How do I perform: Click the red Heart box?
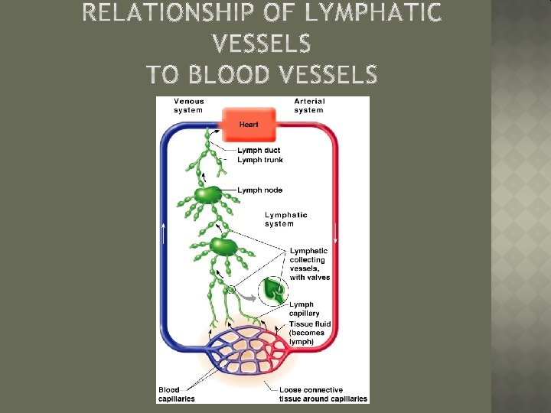point(249,123)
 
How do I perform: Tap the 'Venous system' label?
point(189,106)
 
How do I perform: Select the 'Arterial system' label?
point(309,106)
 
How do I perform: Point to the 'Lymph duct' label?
point(259,150)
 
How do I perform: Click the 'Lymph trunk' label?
point(260,160)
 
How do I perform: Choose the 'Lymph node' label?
point(260,190)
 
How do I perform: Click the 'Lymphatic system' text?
point(286,220)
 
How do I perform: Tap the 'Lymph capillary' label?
point(305,309)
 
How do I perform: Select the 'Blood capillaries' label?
point(177,394)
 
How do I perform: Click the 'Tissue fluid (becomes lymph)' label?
point(307,333)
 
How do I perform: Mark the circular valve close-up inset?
point(272,291)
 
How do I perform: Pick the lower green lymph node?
point(223,246)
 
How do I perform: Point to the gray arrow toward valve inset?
point(246,293)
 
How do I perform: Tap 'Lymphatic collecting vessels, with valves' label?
point(310,264)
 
